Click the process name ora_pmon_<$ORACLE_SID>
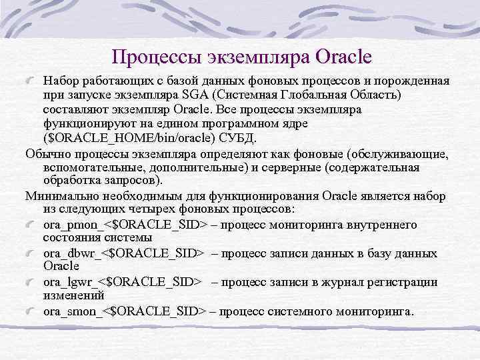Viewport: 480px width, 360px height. [125, 225]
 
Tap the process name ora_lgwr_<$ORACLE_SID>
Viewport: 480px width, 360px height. [122, 282]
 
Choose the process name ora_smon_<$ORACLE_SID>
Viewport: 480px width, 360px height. [125, 311]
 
